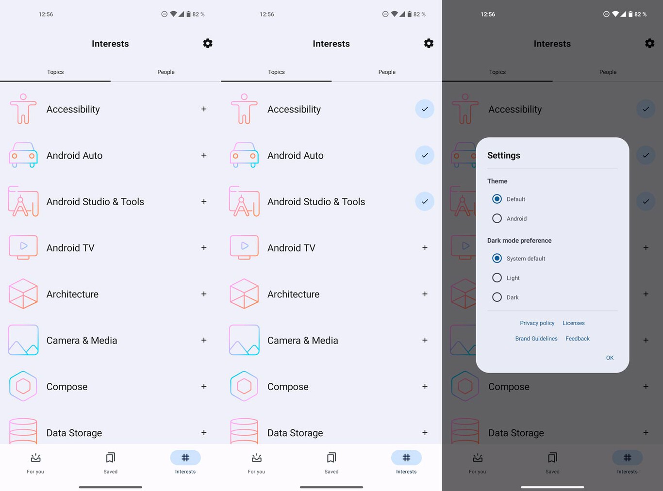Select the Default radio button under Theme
497,199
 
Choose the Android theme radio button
497,218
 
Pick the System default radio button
497,258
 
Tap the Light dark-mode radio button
497,278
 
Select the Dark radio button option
497,297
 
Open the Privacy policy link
537,323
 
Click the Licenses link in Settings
573,323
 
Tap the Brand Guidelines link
536,339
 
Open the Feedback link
577,339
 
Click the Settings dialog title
503,155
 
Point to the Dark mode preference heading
519,241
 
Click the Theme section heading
497,181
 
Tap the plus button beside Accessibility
204,109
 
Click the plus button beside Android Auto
204,155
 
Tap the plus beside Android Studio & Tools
204,201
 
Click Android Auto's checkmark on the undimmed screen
425,155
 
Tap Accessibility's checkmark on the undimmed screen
425,109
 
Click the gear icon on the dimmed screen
649,43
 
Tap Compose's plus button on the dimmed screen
646,387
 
